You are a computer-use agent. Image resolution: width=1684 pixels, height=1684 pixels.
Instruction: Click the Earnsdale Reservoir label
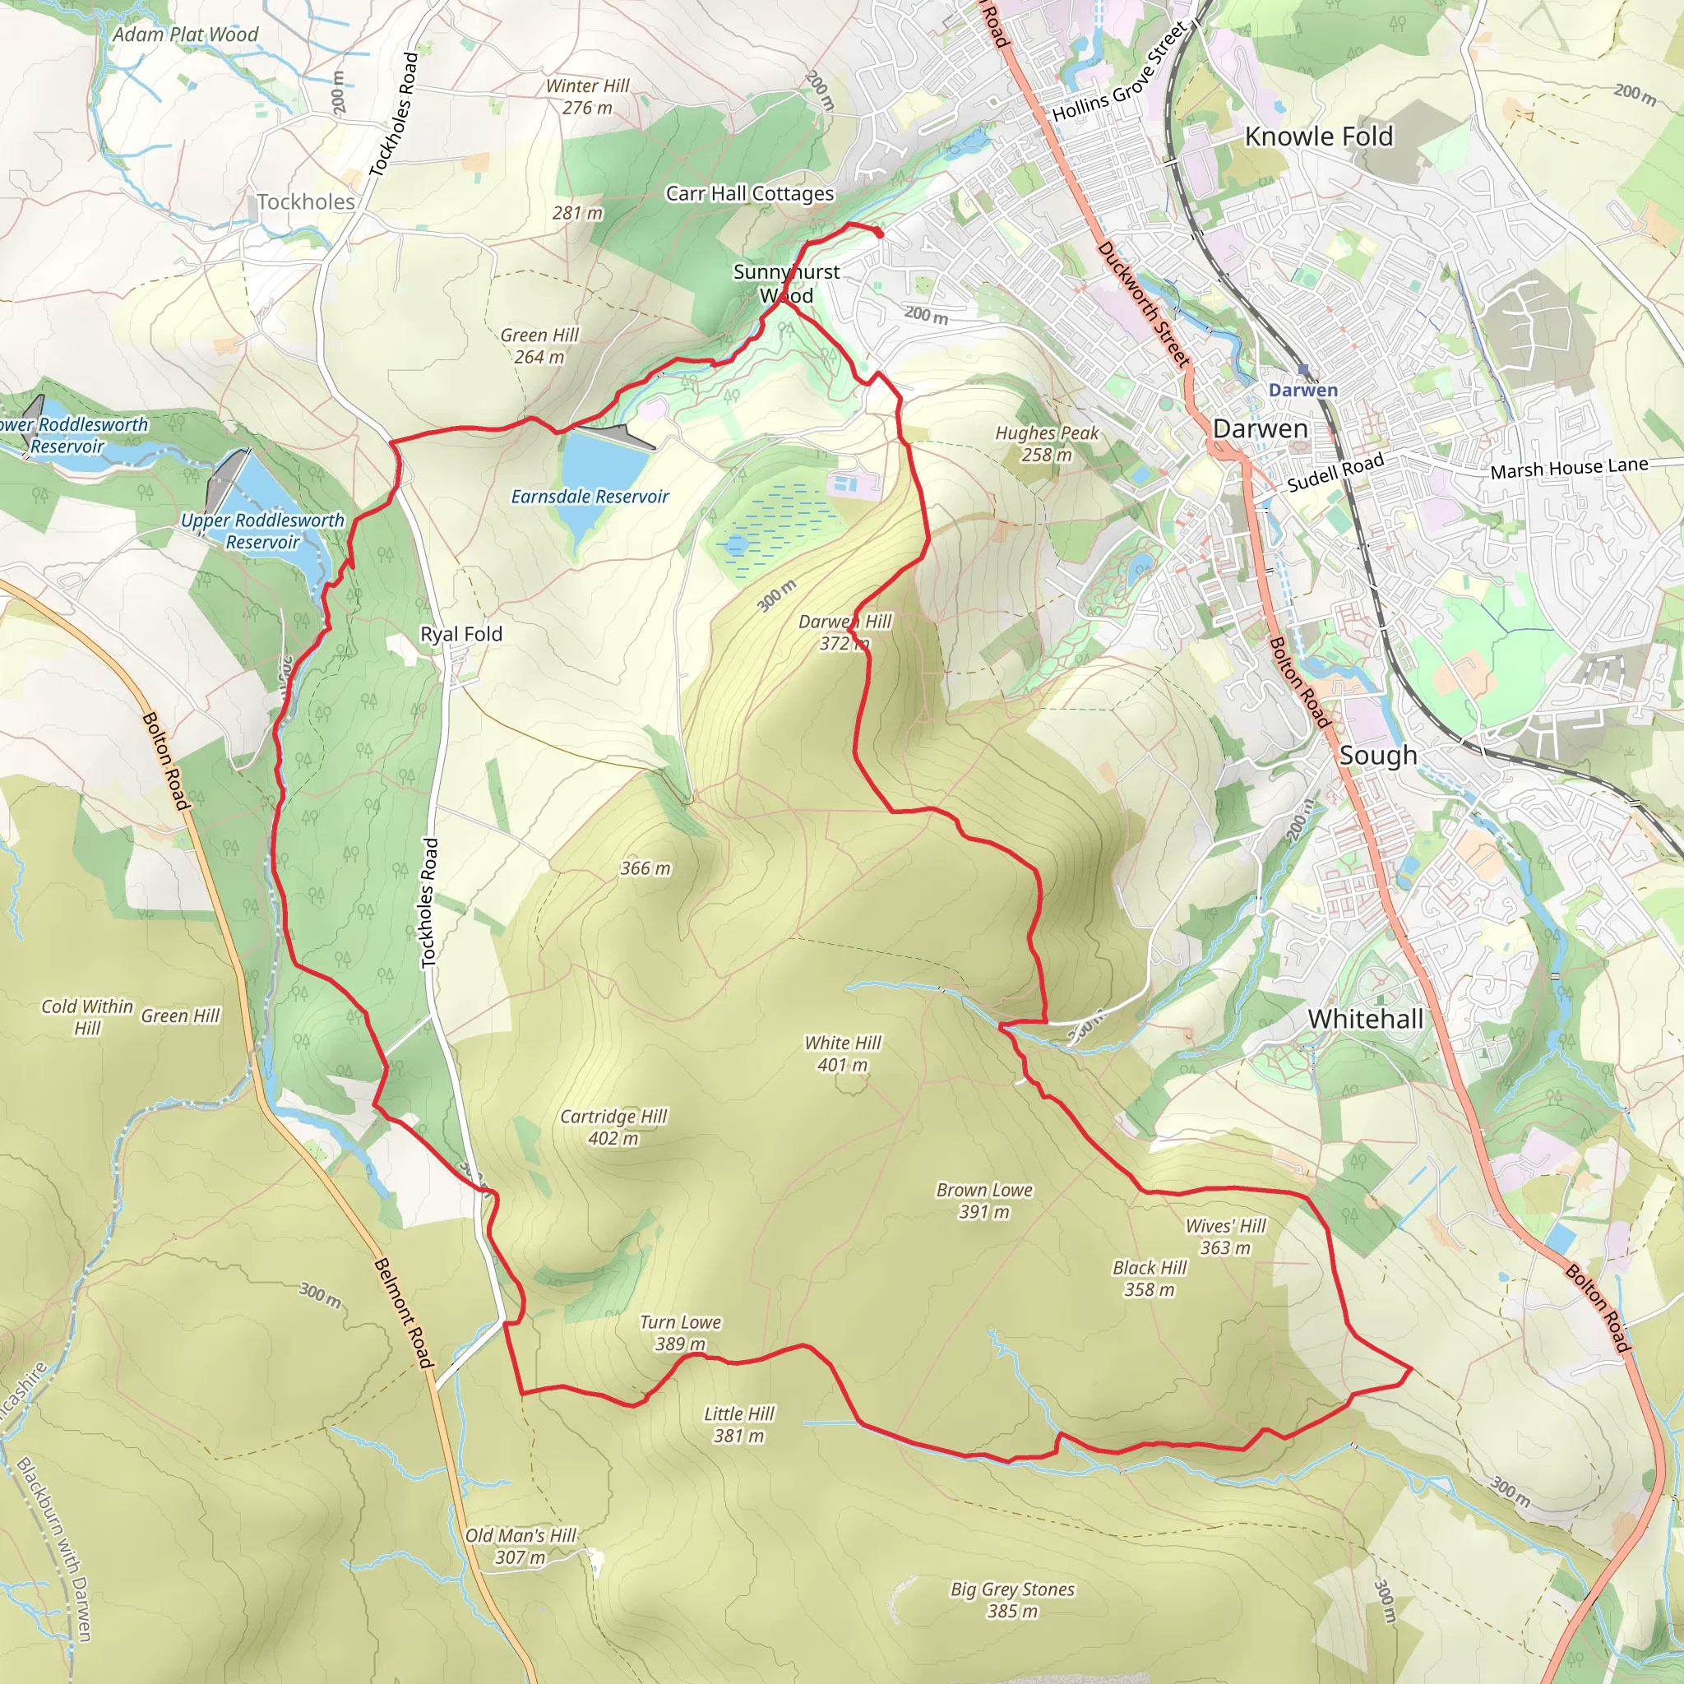click(590, 497)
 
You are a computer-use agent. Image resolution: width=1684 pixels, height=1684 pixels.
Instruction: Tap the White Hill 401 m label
click(842, 1053)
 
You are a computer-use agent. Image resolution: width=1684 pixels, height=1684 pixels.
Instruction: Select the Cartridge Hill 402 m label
click(613, 1127)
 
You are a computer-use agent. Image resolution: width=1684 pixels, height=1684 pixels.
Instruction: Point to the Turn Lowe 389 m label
click(680, 1333)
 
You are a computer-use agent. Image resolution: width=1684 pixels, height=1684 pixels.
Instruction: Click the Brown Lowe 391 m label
click(984, 1201)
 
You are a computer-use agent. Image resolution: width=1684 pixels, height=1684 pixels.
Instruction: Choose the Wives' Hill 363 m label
click(1224, 1237)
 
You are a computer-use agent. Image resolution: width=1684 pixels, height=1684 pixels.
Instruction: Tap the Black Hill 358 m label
click(1149, 1279)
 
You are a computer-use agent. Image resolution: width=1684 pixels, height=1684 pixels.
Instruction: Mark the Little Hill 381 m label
click(738, 1424)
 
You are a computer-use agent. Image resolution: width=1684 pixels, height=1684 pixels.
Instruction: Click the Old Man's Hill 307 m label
click(520, 1547)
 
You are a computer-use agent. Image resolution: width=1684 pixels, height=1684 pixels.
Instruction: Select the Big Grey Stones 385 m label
click(1012, 1599)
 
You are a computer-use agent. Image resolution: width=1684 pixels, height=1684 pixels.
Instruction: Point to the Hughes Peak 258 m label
click(1047, 444)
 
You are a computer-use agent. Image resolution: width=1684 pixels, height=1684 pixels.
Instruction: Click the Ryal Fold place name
click(461, 634)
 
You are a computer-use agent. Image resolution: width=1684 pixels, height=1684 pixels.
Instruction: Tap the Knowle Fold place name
click(1318, 136)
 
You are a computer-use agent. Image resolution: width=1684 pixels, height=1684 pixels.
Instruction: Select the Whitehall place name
click(1365, 1019)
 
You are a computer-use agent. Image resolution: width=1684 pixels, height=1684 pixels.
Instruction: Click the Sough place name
click(1377, 756)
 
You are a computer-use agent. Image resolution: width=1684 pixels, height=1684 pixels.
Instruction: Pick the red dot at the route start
click(879, 234)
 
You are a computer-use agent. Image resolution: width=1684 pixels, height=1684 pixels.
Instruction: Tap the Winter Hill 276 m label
click(586, 97)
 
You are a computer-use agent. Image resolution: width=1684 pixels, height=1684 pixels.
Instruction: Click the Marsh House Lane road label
click(1568, 469)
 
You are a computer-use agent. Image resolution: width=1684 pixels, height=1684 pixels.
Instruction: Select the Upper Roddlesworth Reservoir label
click(262, 531)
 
